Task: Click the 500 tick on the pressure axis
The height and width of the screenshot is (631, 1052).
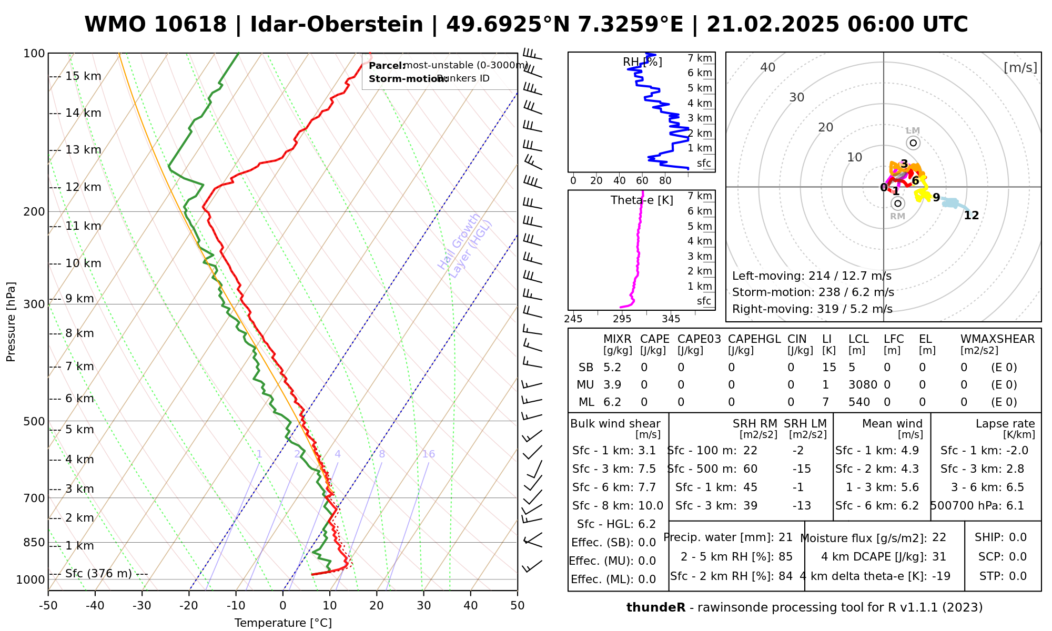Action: [34, 421]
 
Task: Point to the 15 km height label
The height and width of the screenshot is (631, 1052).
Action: [83, 76]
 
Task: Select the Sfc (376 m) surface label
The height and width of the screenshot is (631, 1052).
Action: [98, 573]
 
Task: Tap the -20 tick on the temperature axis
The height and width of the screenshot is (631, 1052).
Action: [189, 606]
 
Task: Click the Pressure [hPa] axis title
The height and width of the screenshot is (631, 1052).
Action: [11, 322]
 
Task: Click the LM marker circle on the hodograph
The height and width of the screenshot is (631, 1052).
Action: [913, 143]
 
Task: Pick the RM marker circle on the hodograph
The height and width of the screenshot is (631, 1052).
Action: [898, 203]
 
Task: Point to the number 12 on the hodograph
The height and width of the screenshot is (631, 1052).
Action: [971, 216]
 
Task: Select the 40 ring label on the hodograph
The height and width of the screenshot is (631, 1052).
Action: [768, 67]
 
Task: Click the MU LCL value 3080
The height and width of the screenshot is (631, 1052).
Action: [863, 385]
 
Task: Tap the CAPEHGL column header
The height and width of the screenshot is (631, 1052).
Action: [754, 339]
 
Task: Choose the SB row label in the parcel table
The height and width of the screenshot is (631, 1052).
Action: [586, 368]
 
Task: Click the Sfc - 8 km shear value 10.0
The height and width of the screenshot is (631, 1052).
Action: [651, 506]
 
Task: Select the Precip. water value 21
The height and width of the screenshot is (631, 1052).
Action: [785, 537]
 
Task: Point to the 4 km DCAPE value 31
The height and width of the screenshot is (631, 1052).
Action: [939, 557]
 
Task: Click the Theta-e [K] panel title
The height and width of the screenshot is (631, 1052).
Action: [642, 200]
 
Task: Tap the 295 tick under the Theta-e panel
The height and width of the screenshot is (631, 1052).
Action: [622, 319]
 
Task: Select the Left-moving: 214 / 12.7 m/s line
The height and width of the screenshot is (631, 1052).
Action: [812, 276]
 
